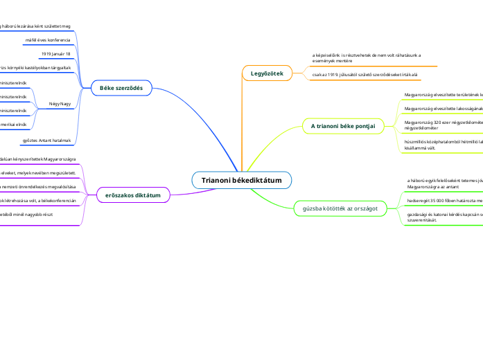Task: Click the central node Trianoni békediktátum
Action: click(x=241, y=181)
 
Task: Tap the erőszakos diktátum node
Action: click(x=133, y=196)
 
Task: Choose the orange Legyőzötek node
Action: click(x=267, y=73)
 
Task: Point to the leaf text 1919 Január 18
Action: click(x=56, y=53)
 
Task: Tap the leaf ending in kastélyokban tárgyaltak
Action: click(x=35, y=67)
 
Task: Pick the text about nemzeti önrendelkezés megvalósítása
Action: click(x=38, y=188)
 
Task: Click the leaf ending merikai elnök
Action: click(x=13, y=124)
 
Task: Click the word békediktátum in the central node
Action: click(x=257, y=181)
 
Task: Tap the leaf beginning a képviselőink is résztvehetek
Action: click(x=367, y=57)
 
